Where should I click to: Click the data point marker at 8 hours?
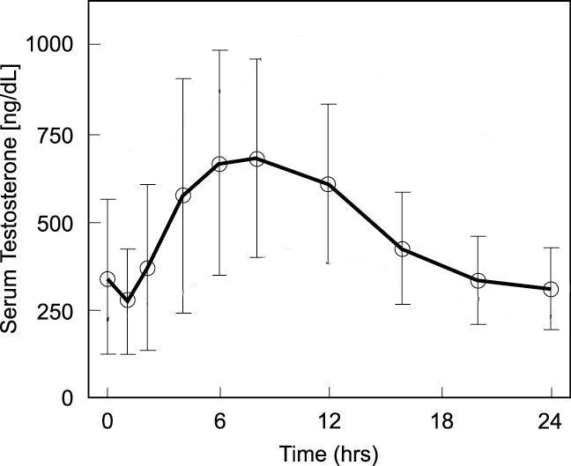point(257,159)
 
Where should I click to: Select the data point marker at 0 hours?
point(108,279)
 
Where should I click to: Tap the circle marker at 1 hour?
point(127,300)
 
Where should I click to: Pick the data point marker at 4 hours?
point(183,195)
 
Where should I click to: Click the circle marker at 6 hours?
point(220,164)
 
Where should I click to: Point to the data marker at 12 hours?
point(328,184)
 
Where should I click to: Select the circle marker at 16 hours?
point(403,248)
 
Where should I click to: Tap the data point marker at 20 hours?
point(478,280)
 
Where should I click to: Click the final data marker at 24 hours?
point(552,289)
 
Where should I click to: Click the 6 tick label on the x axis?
point(220,420)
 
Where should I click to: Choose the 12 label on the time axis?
point(329,420)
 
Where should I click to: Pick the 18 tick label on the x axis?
point(441,420)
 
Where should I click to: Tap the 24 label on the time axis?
point(552,420)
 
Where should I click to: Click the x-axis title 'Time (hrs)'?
point(329,454)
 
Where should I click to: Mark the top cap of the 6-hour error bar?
point(220,50)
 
